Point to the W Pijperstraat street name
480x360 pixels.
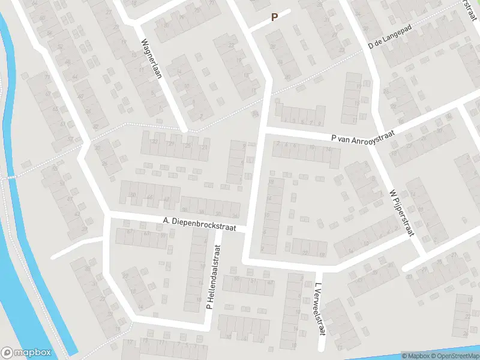coord(401,212)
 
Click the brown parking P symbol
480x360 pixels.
coord(274,17)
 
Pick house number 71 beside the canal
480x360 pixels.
coord(47,77)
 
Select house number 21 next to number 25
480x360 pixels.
coord(205,148)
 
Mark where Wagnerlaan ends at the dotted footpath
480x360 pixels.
coord(186,129)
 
